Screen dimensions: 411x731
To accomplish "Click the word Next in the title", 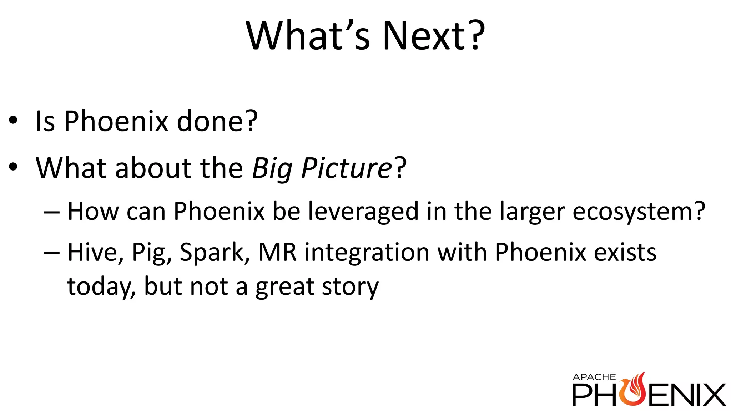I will pos(425,36).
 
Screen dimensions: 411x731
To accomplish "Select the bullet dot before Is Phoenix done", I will pos(13,121).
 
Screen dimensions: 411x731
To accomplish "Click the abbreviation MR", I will pos(277,252).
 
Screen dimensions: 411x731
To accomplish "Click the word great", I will pos(284,287).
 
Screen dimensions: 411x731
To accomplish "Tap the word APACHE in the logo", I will pos(594,377).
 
